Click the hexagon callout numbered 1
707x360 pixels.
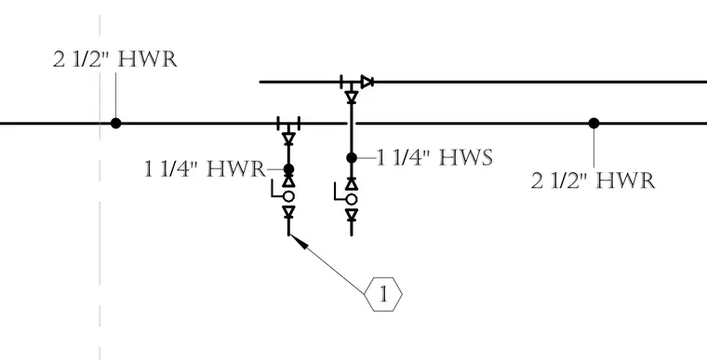pos(383,294)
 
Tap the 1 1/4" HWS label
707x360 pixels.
pos(434,158)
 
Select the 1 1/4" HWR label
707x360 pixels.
pos(205,169)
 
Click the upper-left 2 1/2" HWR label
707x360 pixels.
pos(115,60)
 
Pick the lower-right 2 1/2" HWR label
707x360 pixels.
pos(593,180)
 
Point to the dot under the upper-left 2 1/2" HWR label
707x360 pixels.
pos(116,123)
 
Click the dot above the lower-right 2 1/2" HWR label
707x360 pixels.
pos(594,123)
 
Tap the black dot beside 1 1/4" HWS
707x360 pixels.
pos(352,158)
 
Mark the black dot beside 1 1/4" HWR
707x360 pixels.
pos(288,169)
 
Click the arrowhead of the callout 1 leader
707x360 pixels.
pos(299,241)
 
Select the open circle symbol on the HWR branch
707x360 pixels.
pos(288,196)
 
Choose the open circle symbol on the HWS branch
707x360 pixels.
pos(352,199)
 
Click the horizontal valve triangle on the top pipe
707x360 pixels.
pos(367,82)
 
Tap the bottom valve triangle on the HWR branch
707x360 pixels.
pos(288,211)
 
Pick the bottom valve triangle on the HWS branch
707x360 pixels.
pos(352,214)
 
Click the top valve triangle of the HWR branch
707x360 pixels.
pos(288,138)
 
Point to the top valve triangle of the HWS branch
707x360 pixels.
pos(352,97)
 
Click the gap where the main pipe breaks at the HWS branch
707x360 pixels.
pos(352,123)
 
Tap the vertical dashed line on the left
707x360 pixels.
pos(100,187)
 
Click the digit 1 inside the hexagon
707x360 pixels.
pos(383,295)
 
